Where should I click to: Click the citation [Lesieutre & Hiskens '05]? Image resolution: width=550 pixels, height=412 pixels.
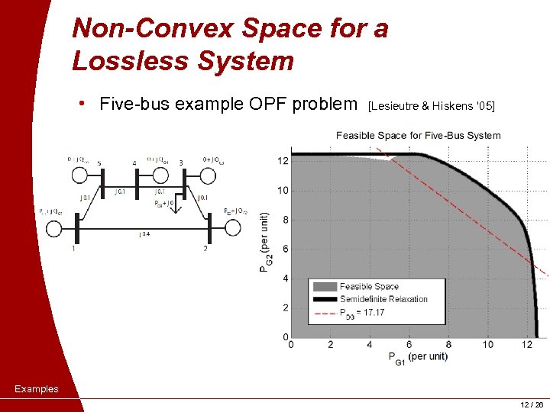pos(432,106)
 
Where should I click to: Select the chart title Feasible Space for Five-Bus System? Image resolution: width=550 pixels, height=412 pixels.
pos(418,136)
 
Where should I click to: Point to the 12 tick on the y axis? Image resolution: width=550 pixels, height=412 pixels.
pos(283,161)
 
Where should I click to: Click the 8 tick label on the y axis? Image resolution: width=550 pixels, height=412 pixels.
pos(286,220)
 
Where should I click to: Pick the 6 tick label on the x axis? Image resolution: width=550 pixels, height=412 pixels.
pos(409,345)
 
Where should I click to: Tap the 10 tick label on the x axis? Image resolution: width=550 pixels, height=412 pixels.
pos(488,345)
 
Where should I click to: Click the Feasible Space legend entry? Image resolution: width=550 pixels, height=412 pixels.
pos(369,287)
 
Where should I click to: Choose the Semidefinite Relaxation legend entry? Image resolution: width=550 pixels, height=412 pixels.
pos(383,299)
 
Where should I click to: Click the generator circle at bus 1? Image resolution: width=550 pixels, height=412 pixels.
pos(53,227)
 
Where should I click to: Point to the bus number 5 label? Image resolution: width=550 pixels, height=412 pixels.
pos(99,162)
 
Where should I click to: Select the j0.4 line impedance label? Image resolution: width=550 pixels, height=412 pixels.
pos(144,234)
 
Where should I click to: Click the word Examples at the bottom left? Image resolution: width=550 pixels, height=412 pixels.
pos(36,389)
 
